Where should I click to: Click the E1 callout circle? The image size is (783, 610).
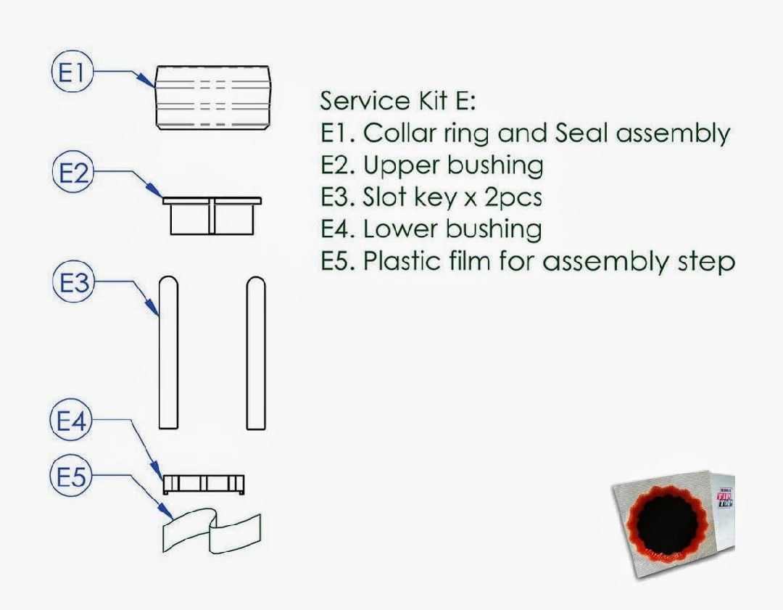coord(71,73)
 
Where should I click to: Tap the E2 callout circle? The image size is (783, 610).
coord(72,173)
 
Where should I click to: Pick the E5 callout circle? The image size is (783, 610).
coord(70,477)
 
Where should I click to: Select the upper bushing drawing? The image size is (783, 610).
coord(212,215)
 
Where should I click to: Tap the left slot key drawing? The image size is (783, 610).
coord(167,353)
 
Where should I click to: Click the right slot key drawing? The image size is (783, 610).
coord(255,353)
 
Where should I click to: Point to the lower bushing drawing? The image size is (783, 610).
coord(202,482)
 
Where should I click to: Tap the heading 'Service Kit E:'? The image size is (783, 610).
coord(397,100)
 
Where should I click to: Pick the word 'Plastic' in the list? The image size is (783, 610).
coord(398,261)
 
